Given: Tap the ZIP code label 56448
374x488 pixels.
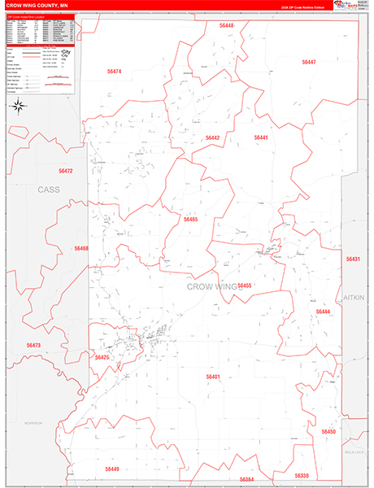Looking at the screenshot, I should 226,26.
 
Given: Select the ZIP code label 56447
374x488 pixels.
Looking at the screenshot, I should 308,62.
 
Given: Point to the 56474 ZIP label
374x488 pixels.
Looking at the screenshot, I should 114,72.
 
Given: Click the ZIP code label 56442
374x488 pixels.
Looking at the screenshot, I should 212,138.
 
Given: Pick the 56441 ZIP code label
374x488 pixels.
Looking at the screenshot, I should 261,138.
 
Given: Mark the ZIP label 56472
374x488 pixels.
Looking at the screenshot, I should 66,171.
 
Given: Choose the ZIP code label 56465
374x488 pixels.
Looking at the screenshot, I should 190,220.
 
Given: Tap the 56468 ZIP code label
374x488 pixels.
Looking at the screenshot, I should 81,248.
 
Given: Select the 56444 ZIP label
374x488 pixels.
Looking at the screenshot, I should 323,312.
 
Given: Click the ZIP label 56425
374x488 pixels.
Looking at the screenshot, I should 102,357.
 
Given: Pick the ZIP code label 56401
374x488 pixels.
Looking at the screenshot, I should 213,377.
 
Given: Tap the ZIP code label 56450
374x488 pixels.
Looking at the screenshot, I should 328,431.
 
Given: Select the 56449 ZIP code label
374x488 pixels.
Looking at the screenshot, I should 111,469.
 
